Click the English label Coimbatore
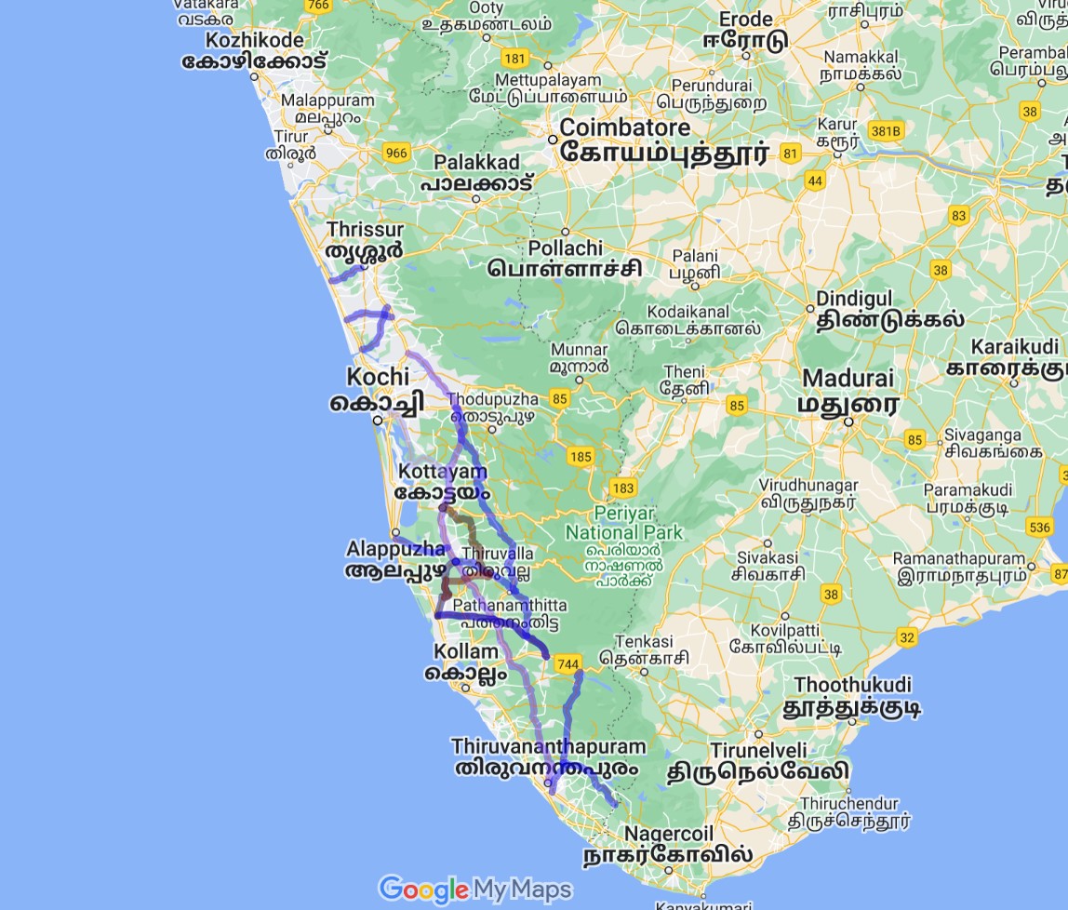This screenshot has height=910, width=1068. pos(624,127)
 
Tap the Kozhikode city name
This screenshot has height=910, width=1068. pos(254,40)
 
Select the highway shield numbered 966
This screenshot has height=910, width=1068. pos(396,153)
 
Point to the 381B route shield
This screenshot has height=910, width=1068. pos(885,131)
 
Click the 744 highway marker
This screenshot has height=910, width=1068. pos(567,664)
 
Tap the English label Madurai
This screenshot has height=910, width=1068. pos(848,379)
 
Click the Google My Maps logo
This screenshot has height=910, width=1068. pos(474,890)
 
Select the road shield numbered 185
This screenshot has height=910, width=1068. pos(581,456)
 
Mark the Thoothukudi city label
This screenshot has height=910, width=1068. pos(852,685)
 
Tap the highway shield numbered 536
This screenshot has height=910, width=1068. pos(1040,528)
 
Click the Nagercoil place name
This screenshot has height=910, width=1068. pos(667,833)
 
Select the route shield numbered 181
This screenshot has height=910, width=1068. pos(514,58)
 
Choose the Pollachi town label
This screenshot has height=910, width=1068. pos(565,248)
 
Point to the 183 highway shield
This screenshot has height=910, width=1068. pos(622,488)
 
